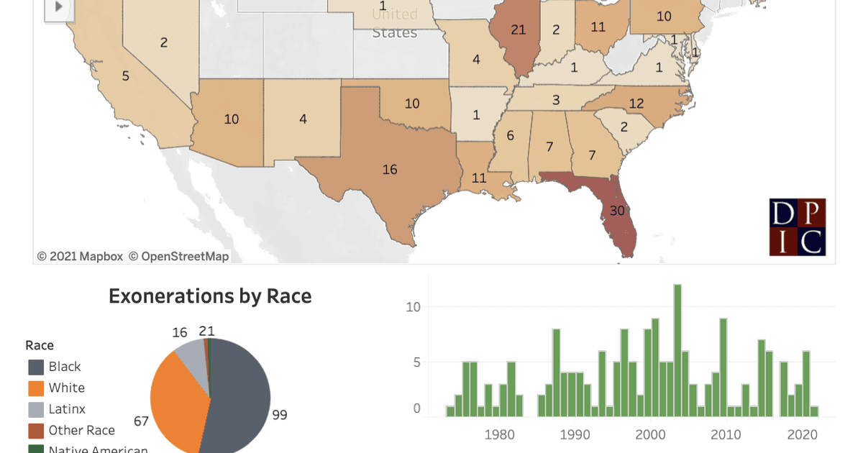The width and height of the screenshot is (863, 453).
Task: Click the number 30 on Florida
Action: click(x=617, y=211)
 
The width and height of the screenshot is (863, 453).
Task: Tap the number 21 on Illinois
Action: click(x=519, y=29)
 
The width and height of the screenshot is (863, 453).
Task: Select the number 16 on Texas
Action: click(x=390, y=170)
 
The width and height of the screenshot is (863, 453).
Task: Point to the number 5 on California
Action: click(x=125, y=75)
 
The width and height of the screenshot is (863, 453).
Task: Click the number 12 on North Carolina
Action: click(x=636, y=104)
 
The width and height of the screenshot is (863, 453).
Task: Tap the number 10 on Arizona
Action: click(x=231, y=119)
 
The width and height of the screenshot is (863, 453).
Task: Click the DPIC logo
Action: click(x=798, y=227)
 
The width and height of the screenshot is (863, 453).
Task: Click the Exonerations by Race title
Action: click(x=210, y=296)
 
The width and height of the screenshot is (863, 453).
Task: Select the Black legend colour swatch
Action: click(x=36, y=367)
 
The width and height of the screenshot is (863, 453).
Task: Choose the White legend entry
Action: click(x=66, y=388)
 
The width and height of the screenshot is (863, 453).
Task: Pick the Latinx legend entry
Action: click(x=67, y=409)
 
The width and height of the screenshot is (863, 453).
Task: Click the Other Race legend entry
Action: click(x=81, y=430)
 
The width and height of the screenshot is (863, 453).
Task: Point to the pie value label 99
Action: click(x=280, y=415)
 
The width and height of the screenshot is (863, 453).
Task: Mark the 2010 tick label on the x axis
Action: click(x=726, y=434)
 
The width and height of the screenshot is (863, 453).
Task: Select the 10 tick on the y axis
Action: click(x=412, y=307)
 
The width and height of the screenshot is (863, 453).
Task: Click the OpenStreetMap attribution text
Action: click(x=185, y=257)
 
